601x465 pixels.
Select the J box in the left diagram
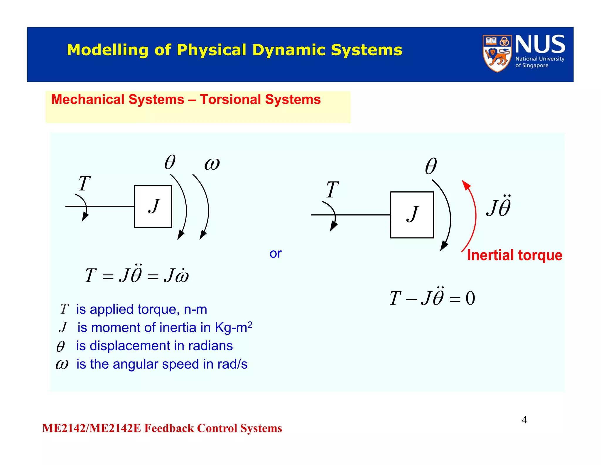153,206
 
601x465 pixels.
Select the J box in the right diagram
412,215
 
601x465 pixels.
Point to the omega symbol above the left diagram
212,164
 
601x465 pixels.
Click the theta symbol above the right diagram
431,166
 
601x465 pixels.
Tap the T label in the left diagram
84,184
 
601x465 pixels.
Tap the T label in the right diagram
332,190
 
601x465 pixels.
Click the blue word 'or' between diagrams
275,253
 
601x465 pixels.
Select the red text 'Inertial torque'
514,255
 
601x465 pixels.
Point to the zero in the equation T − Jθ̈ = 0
470,298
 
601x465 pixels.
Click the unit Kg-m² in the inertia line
233,327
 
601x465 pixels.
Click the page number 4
524,420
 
